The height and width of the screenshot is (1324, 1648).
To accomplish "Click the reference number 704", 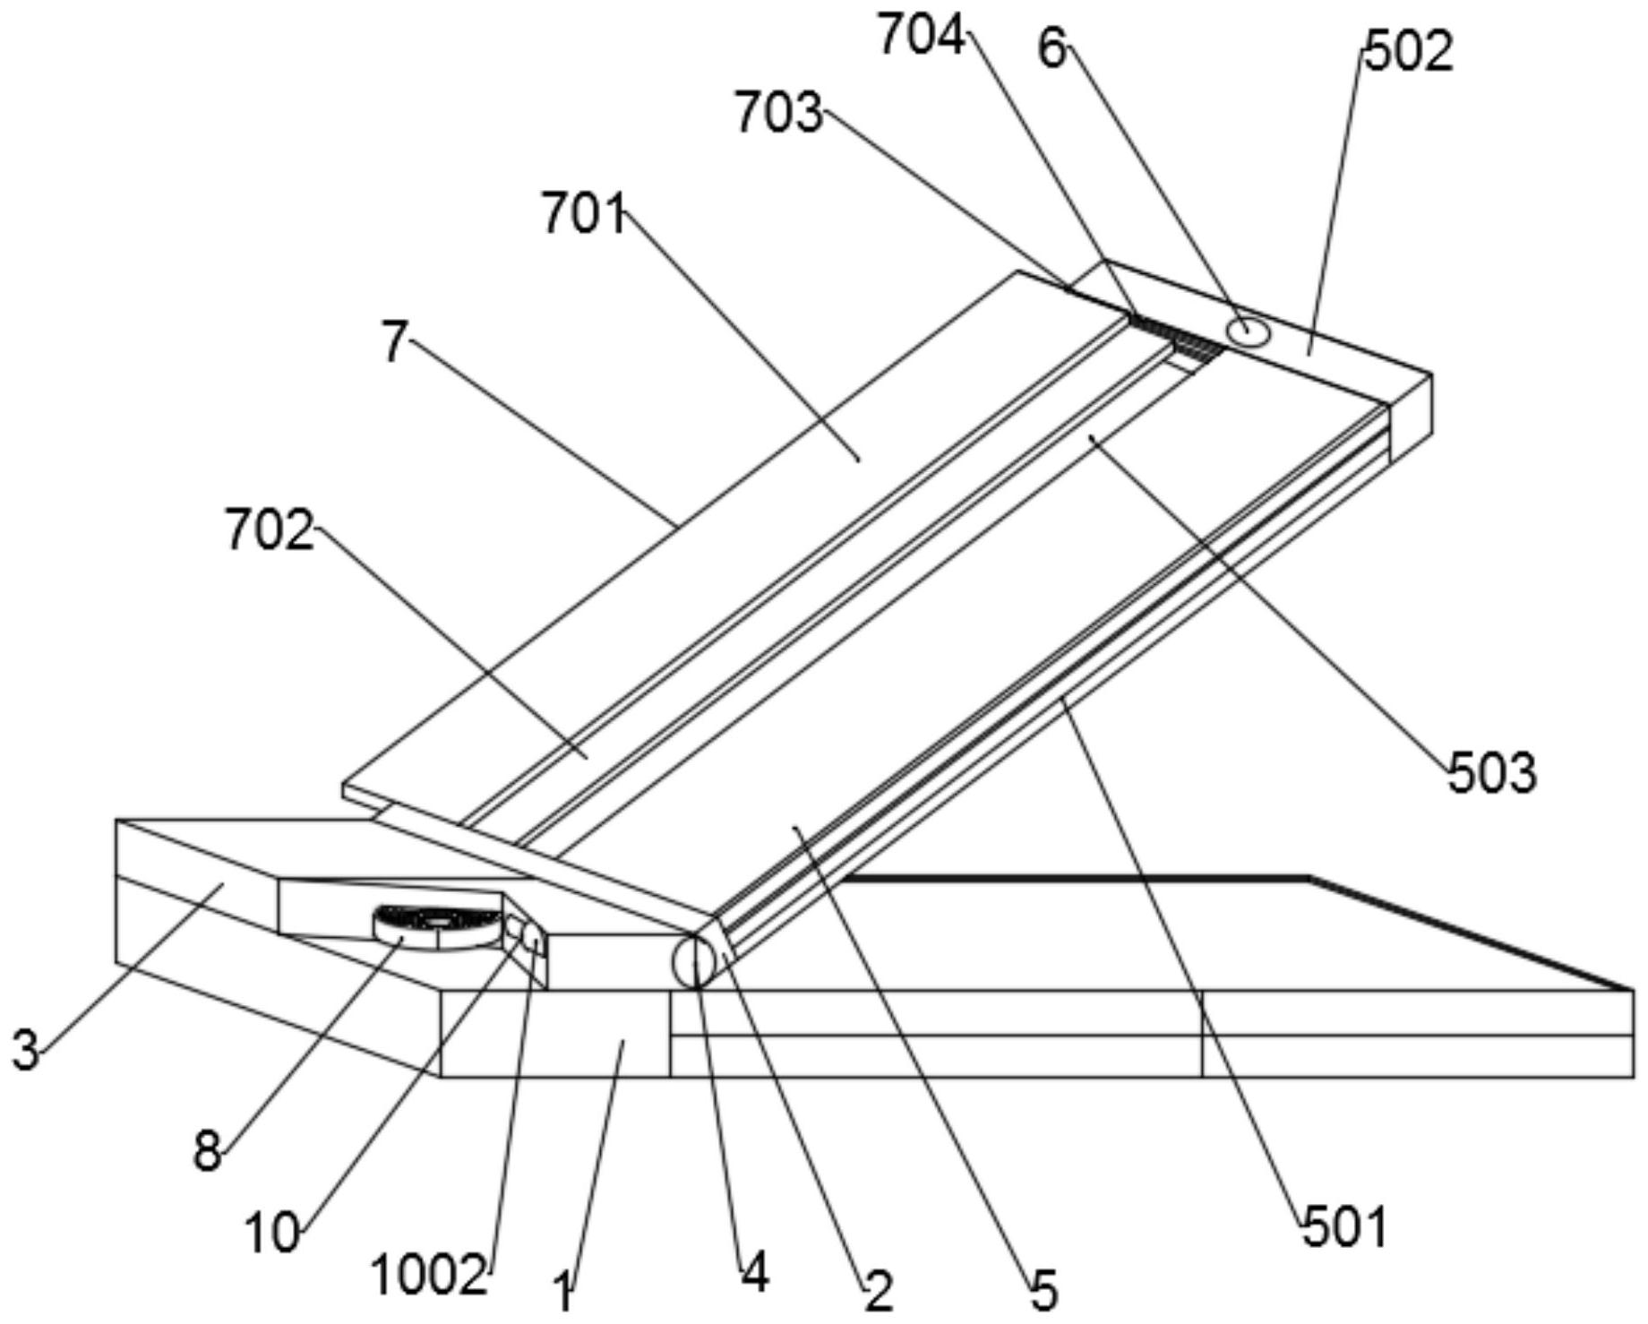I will tap(921, 38).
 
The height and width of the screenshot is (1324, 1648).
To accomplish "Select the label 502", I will tap(1408, 51).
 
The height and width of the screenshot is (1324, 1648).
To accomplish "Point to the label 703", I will tap(777, 115).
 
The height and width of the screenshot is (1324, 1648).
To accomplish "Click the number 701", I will tap(583, 215).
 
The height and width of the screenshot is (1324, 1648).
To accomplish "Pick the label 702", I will tap(269, 529).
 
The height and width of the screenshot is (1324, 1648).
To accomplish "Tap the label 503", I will tap(1492, 772).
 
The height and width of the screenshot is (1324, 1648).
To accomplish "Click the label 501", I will tap(1344, 1226).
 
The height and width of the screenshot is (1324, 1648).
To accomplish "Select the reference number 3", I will tap(26, 1049).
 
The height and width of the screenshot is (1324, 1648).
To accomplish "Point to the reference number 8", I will tap(207, 1150).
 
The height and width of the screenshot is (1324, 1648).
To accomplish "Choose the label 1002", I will tap(429, 1275).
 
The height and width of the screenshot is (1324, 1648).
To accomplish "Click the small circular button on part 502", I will tap(1248, 331).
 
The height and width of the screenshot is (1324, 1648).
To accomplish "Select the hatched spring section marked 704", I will tap(1178, 339).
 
